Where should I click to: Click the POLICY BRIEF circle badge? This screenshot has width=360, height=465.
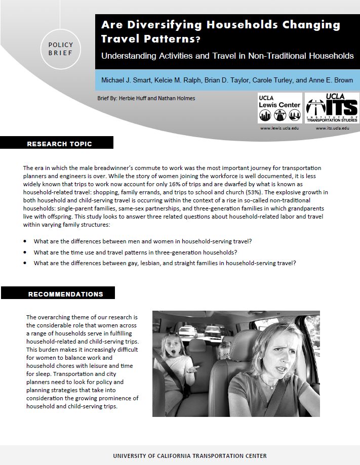(x=61, y=49)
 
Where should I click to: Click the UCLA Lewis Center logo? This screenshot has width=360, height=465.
(x=279, y=108)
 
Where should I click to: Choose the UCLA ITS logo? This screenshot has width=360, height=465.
(x=332, y=108)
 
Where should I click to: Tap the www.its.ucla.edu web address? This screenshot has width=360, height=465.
(x=332, y=129)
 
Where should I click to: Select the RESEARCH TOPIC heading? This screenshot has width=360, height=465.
(x=59, y=144)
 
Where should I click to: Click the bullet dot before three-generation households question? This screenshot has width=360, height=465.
(x=25, y=252)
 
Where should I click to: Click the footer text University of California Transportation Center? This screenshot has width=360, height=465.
(x=189, y=456)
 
